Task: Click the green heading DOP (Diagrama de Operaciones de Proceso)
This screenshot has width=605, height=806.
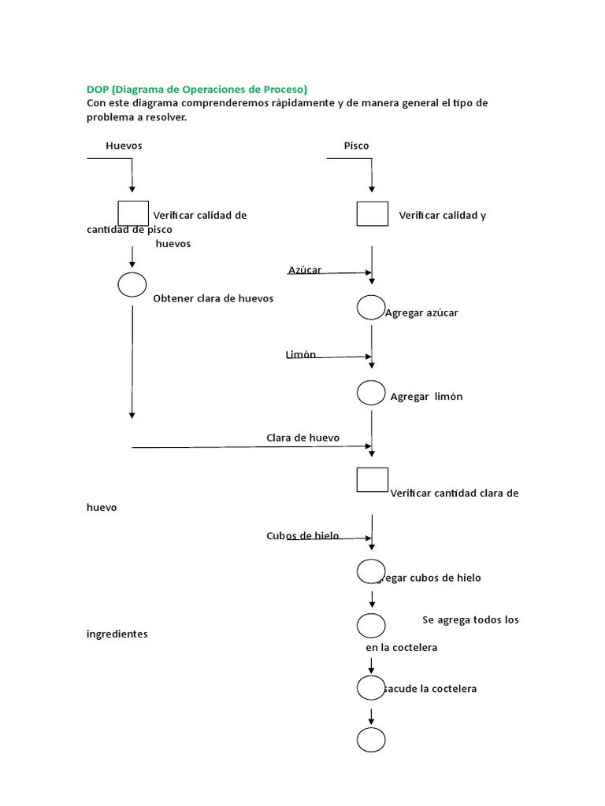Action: point(197,89)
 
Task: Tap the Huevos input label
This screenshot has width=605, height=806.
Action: point(124,146)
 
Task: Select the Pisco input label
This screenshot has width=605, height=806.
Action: point(356,146)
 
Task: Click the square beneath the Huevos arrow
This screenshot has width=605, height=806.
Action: point(133,213)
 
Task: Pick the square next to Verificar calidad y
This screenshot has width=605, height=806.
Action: point(372,213)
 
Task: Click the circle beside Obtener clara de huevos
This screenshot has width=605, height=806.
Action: point(132,285)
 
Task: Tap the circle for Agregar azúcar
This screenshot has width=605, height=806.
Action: point(371,308)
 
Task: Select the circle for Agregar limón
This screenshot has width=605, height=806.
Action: point(371,392)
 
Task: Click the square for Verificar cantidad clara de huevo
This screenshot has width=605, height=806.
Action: point(372,479)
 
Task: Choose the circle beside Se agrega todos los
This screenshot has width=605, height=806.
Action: point(371,626)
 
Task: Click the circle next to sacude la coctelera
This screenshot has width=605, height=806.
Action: point(371,687)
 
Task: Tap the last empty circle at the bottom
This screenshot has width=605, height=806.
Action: point(371,740)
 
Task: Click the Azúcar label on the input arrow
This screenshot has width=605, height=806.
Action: point(305,270)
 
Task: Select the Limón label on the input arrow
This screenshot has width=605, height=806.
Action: point(301,354)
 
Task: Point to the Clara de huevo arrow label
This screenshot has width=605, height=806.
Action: point(302,437)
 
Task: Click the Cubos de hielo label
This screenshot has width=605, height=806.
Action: point(302,536)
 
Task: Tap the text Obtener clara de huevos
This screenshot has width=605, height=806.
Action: point(213,299)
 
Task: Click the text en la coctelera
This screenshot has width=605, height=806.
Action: point(401,648)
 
